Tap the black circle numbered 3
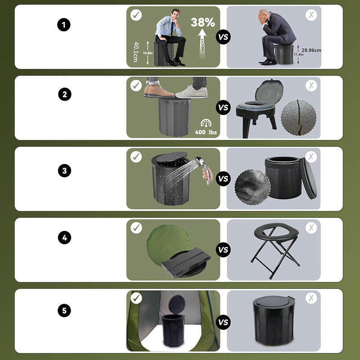tap(64, 171)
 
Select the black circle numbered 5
tap(64, 310)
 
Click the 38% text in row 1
tap(202, 22)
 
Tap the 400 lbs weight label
tap(206, 132)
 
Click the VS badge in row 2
tap(223, 108)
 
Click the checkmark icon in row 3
tap(136, 157)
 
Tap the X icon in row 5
tap(311, 298)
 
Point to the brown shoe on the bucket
tap(158, 91)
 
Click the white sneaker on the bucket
tap(191, 92)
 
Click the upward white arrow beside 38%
tap(202, 43)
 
